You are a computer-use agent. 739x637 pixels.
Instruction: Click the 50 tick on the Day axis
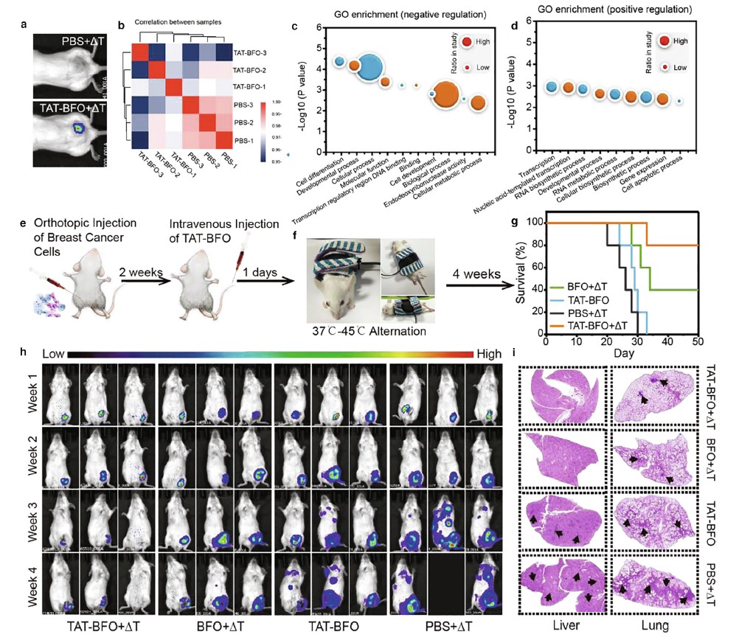(x=698, y=343)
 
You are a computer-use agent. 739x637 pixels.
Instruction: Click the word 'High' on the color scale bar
(x=488, y=355)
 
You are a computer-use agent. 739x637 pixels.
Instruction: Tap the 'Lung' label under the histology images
(x=655, y=626)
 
